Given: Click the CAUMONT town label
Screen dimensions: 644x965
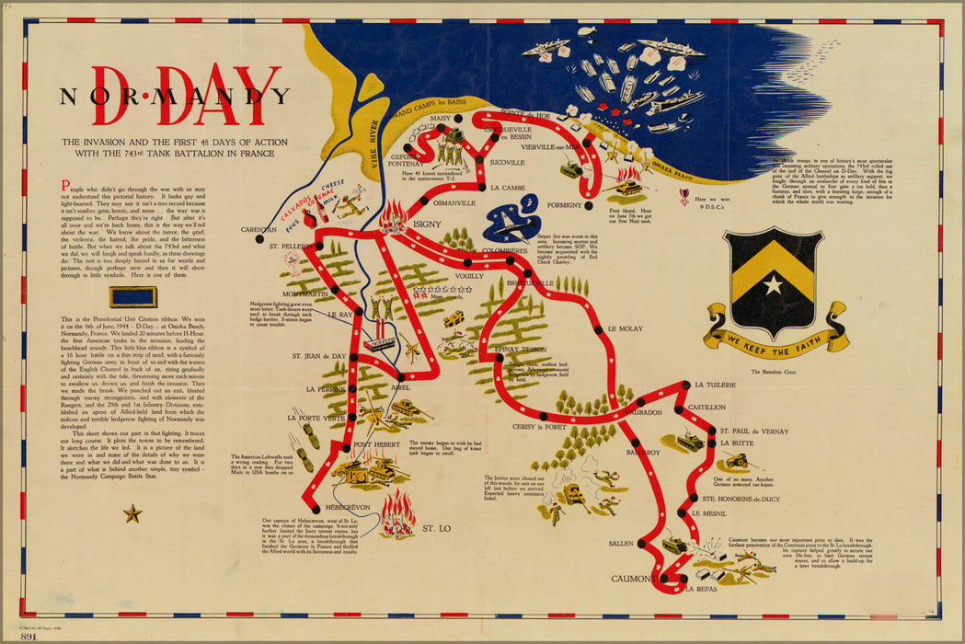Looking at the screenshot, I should (x=633, y=579).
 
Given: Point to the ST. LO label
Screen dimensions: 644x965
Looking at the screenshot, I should (x=437, y=529).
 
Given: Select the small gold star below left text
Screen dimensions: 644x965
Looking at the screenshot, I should (x=132, y=513).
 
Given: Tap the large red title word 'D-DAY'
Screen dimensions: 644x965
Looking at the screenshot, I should (x=186, y=97).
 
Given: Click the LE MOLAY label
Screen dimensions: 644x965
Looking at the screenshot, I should (x=625, y=328).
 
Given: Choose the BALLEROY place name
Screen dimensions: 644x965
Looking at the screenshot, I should (x=643, y=453).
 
